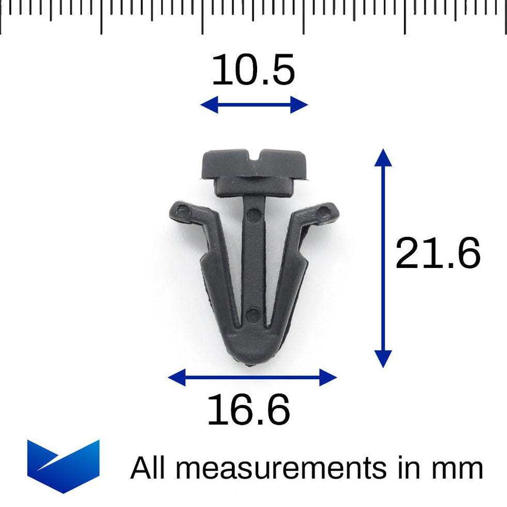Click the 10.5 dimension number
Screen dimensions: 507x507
pyautogui.click(x=253, y=71)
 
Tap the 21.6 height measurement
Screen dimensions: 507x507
pyautogui.click(x=438, y=254)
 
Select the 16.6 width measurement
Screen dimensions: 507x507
pyautogui.click(x=248, y=410)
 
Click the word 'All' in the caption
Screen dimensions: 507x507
pyautogui.click(x=149, y=468)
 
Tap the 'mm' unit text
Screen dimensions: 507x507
pyautogui.click(x=458, y=468)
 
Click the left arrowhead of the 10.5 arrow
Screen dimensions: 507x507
pyautogui.click(x=207, y=105)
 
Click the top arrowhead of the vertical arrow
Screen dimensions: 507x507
pyautogui.click(x=383, y=156)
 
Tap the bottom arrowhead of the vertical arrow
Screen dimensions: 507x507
pyautogui.click(x=383, y=359)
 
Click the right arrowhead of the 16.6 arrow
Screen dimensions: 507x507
pyautogui.click(x=329, y=377)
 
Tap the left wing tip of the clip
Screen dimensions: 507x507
pyautogui.click(x=177, y=211)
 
